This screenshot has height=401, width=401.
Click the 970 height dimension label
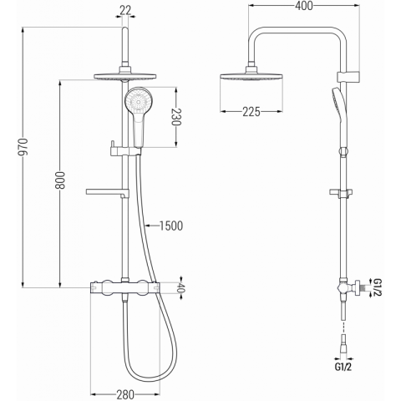[x=25, y=146]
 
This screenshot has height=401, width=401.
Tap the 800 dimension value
[x=61, y=180]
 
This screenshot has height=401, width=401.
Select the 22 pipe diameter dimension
[x=125, y=11]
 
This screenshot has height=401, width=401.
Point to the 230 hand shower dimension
[x=176, y=116]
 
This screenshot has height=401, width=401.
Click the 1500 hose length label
[x=171, y=226]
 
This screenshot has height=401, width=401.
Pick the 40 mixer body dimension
[x=181, y=289]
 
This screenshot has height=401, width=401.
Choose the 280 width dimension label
[x=125, y=394]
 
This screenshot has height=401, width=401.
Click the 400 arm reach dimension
[x=304, y=6]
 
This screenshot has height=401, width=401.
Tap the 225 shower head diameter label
[x=251, y=112]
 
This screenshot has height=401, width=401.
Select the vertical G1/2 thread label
[x=378, y=287]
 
